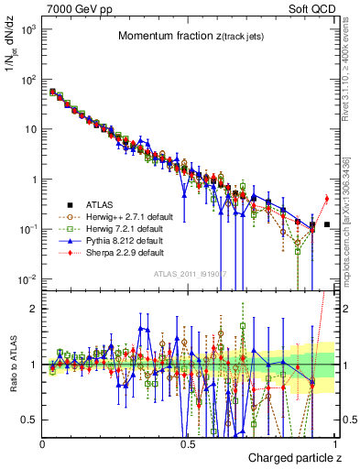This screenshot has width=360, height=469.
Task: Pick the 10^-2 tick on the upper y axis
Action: tap(28, 278)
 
